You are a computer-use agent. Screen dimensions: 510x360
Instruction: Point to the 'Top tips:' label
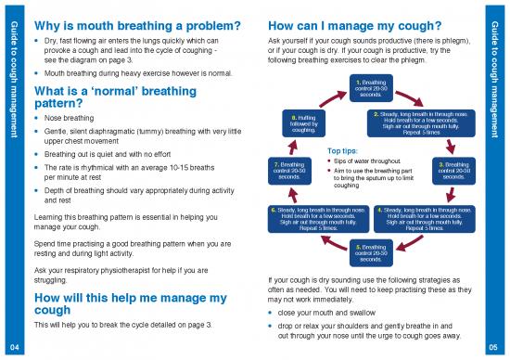tap(342, 150)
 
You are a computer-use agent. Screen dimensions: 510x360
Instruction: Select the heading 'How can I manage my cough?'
tap(353, 24)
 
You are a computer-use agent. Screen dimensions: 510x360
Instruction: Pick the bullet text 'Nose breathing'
tap(70, 119)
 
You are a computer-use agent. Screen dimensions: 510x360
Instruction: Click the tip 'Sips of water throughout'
tap(370, 161)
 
